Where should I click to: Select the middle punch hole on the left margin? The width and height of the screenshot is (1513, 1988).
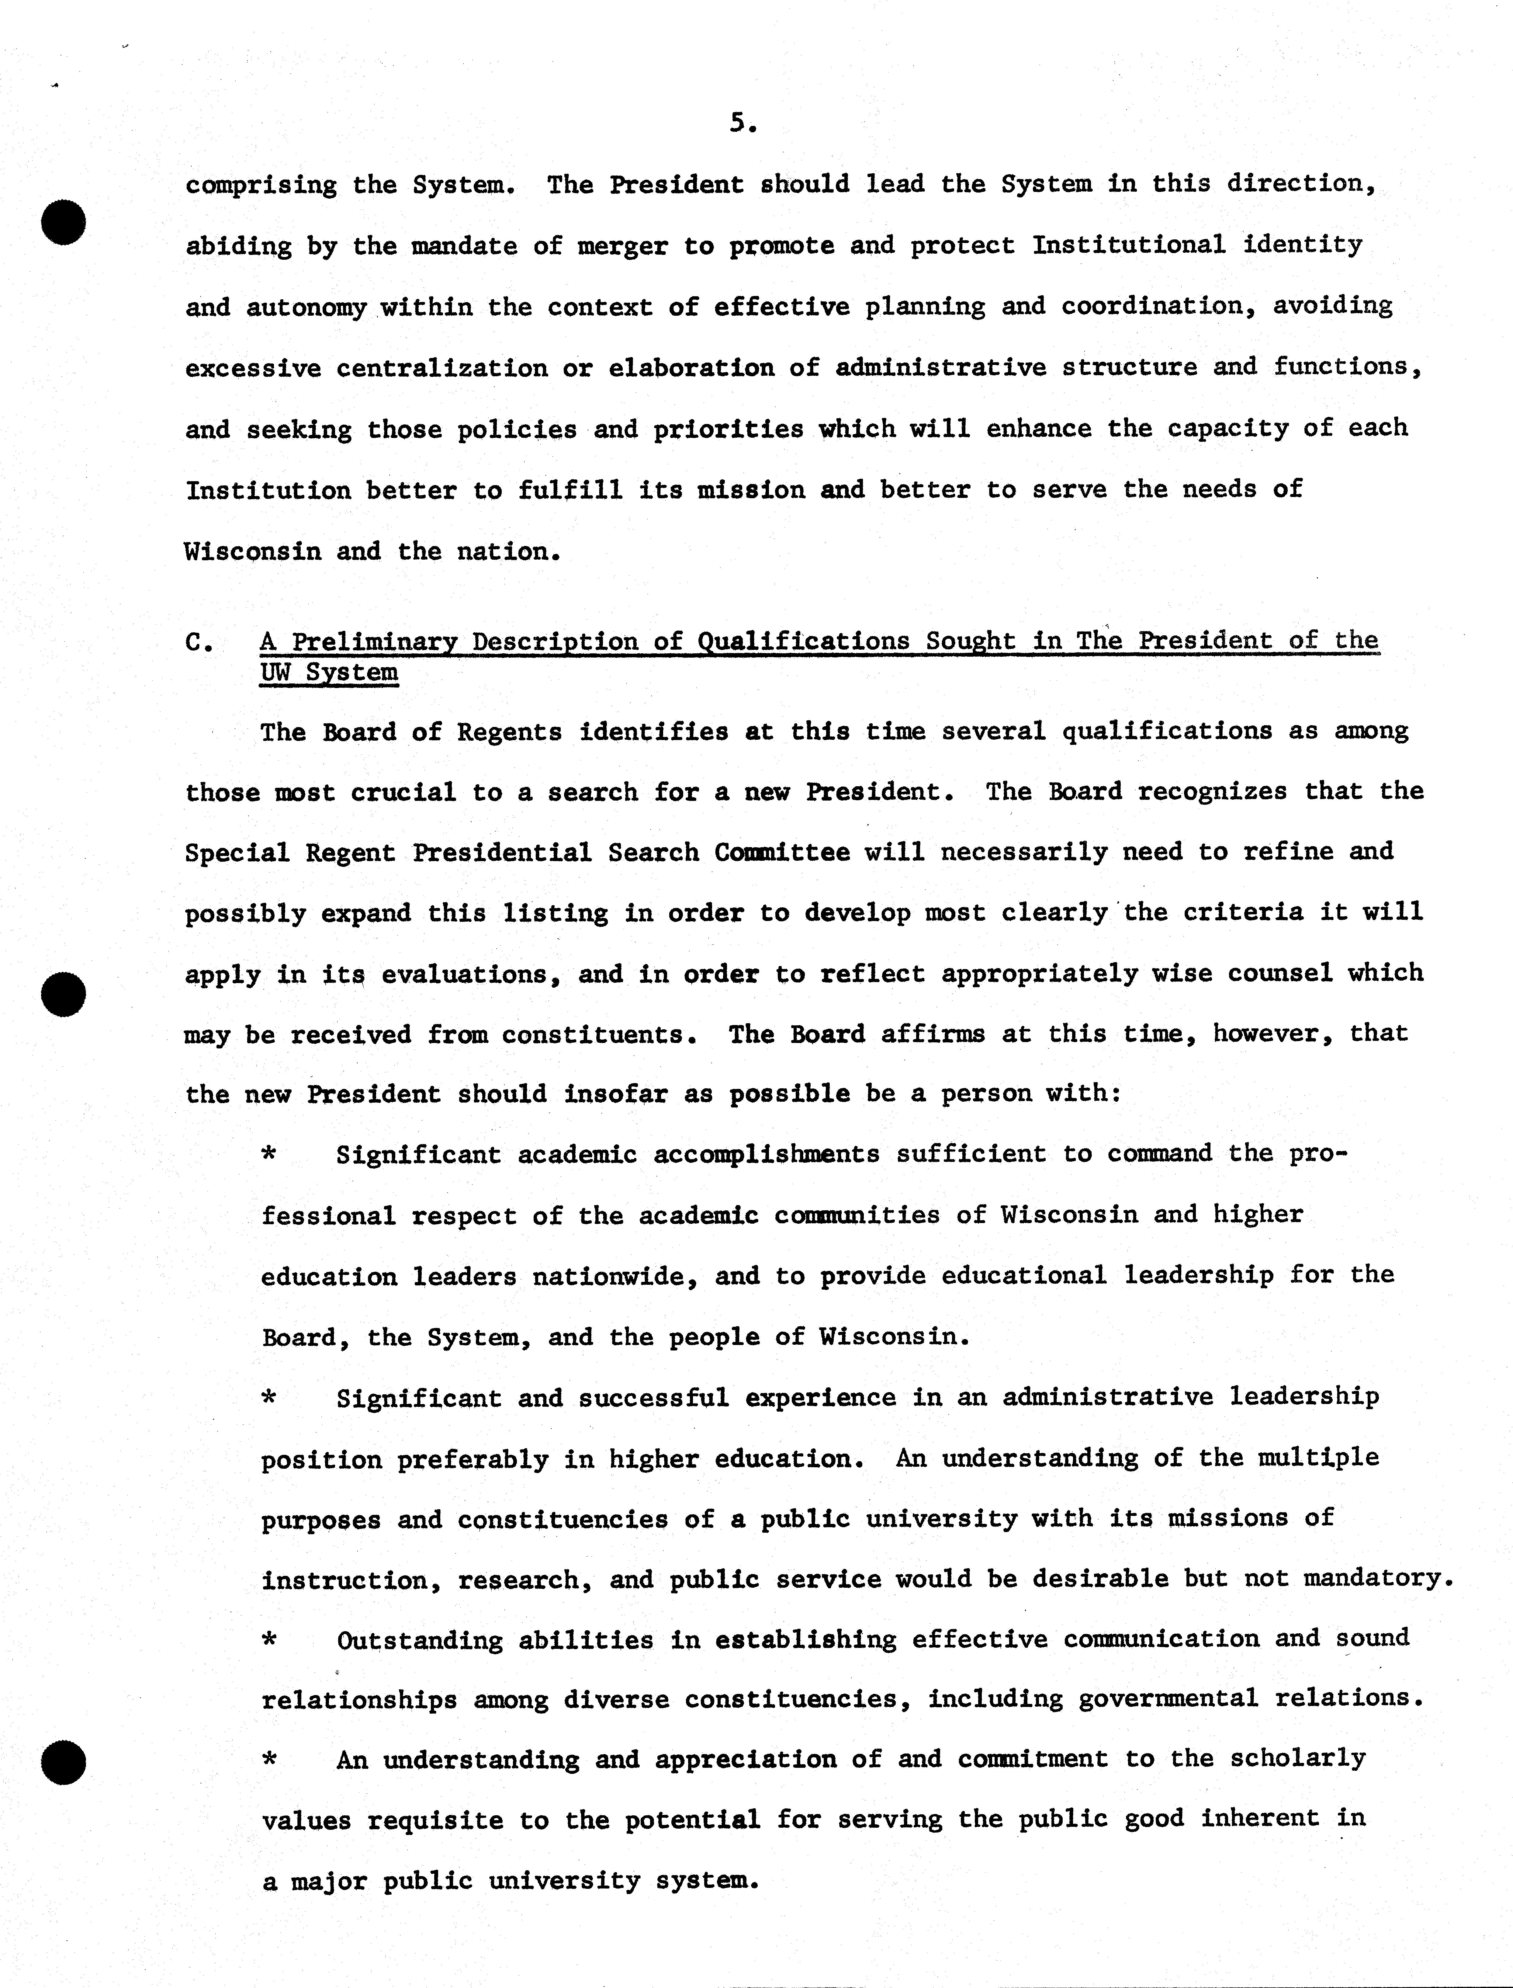click(63, 994)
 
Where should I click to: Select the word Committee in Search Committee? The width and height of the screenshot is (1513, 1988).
click(782, 852)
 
